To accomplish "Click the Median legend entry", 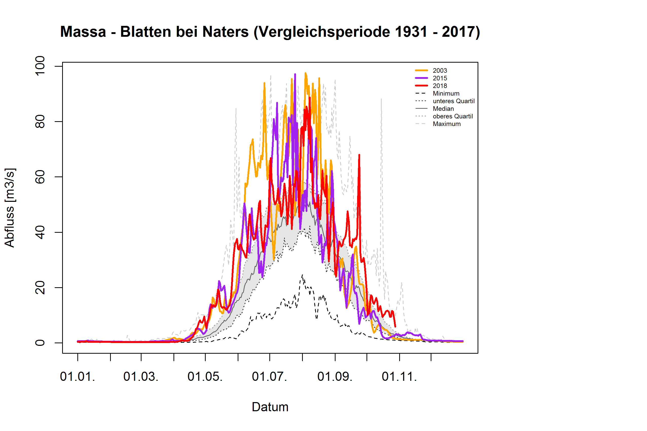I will [443, 109].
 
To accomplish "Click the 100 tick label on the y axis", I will [40, 66].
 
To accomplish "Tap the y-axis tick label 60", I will [40, 177].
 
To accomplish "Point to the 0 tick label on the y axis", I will [40, 343].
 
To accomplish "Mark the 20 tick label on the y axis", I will [40, 288].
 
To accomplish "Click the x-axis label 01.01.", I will [78, 376].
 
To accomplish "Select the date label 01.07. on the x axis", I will [269, 376].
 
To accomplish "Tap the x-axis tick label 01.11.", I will [399, 376].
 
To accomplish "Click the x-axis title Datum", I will [270, 407].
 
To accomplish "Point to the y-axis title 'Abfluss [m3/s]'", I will [10, 208].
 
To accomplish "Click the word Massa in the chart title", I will [83, 32].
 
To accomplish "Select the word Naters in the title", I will [225, 32].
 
